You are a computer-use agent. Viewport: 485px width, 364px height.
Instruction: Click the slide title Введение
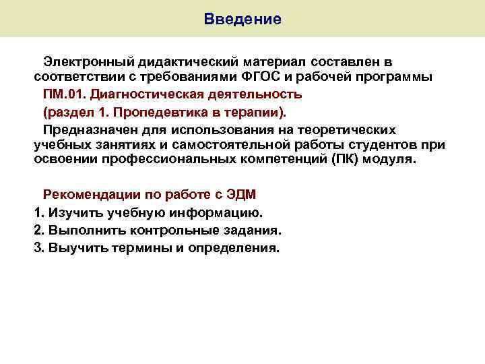[x=243, y=19]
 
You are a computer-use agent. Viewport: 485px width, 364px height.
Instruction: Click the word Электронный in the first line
[x=83, y=61]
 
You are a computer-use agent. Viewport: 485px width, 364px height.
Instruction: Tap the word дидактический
[x=174, y=61]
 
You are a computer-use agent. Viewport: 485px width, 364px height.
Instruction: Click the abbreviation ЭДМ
[x=240, y=195]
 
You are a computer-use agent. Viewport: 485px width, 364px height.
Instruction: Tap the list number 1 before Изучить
[x=37, y=212]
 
